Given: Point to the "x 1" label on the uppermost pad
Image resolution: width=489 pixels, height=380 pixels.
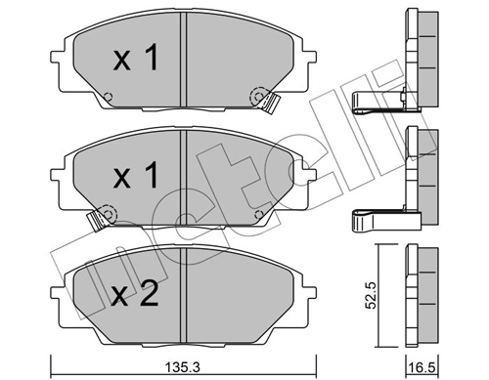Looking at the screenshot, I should pyautogui.click(x=136, y=61).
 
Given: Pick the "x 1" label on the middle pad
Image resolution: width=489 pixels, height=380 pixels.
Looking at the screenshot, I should pyautogui.click(x=136, y=177).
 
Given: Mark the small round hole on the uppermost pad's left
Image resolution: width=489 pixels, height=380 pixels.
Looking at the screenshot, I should pyautogui.click(x=109, y=97).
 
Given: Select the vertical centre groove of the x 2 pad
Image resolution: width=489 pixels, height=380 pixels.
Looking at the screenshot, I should pyautogui.click(x=184, y=293).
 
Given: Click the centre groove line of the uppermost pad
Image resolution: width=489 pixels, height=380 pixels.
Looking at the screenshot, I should pyautogui.click(x=184, y=59).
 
